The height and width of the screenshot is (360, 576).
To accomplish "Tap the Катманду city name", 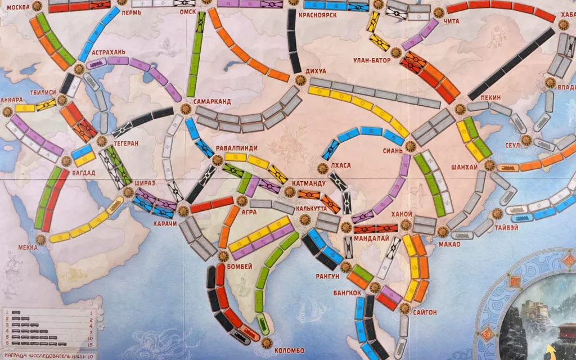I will [x=308, y=183].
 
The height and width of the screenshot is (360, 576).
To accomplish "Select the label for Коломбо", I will [x=290, y=351].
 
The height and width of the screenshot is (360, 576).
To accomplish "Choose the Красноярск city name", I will [x=318, y=15].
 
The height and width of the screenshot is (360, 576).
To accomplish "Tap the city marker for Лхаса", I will [x=322, y=168].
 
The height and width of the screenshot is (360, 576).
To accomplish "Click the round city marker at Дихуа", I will [x=300, y=80].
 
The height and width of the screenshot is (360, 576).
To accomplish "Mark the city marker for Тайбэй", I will [x=497, y=213].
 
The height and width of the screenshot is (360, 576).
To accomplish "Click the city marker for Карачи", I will [x=182, y=211].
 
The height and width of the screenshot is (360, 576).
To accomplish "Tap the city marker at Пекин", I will [x=460, y=109].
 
